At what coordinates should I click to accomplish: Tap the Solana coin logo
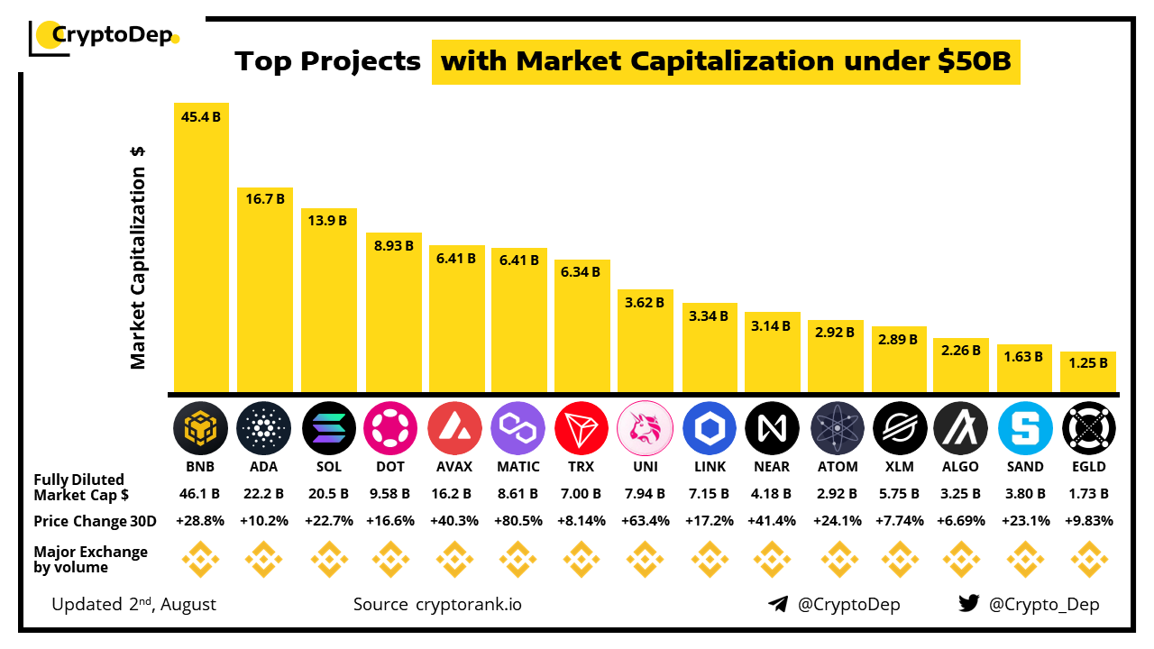(328, 428)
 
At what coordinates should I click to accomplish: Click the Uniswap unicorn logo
(645, 428)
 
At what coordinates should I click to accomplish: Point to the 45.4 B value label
(201, 116)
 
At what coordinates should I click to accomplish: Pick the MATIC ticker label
(518, 467)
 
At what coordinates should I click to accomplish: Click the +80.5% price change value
(518, 521)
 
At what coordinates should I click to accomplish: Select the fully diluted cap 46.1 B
(201, 494)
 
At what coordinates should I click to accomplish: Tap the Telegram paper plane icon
(778, 604)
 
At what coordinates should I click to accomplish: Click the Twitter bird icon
(969, 604)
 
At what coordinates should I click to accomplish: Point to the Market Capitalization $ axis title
(138, 257)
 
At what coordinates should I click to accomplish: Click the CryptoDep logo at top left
(105, 36)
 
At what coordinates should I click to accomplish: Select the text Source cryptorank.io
(437, 604)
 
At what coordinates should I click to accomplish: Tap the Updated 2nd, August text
(134, 604)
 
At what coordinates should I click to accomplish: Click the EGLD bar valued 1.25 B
(1088, 371)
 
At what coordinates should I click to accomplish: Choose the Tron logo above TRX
(582, 428)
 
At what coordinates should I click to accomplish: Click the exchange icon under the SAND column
(1025, 560)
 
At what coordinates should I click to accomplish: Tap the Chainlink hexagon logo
(709, 428)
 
